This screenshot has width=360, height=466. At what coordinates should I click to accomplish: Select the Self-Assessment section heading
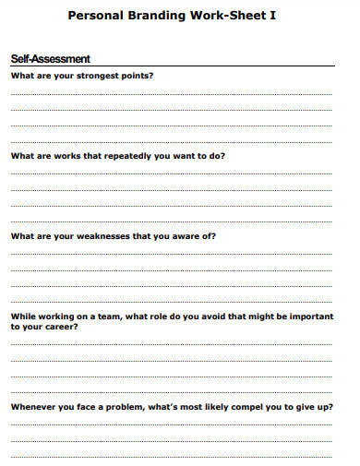50,59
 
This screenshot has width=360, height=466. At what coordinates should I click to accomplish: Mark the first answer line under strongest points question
171,94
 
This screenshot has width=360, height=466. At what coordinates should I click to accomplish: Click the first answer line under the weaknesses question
171,255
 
